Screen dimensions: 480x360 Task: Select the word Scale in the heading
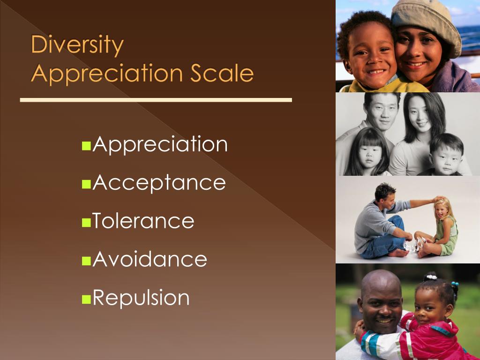(x=222, y=73)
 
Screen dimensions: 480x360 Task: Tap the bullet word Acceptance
(x=159, y=183)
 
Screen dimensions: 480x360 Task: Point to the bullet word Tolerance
(x=143, y=220)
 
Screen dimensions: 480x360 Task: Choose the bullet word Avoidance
(x=150, y=259)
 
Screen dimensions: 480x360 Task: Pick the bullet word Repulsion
(x=141, y=298)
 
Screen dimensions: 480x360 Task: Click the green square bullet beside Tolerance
(x=87, y=223)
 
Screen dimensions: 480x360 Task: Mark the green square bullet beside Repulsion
(x=87, y=300)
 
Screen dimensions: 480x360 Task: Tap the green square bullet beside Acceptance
(x=87, y=184)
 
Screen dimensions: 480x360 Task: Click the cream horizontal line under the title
(x=156, y=100)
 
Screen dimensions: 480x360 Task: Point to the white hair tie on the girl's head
(x=432, y=277)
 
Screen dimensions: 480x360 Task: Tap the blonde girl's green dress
(x=448, y=237)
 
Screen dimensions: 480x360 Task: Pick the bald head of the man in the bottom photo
(x=381, y=283)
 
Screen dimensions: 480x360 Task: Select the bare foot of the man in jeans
(x=398, y=253)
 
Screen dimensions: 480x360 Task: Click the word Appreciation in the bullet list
(x=160, y=144)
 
